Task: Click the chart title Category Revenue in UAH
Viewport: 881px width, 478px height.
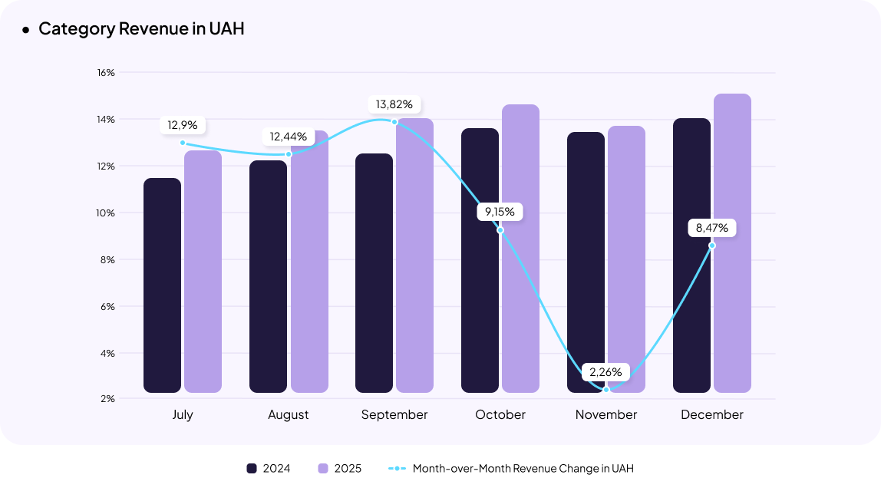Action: point(141,29)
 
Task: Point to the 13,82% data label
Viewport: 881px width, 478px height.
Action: point(394,104)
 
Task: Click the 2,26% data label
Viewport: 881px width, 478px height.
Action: point(606,372)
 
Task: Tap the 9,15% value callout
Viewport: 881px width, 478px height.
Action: point(500,211)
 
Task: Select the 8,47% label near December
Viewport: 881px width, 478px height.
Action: point(712,228)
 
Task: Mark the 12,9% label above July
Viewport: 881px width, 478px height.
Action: point(183,124)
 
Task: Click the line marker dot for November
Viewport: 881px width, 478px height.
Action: point(606,390)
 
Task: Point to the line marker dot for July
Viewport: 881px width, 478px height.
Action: point(183,143)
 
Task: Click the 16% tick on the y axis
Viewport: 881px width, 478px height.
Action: point(106,73)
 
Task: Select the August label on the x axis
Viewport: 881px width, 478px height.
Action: point(289,415)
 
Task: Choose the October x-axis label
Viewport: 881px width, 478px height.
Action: point(500,415)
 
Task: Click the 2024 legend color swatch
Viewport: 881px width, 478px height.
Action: point(251,468)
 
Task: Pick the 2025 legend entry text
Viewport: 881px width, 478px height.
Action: point(348,468)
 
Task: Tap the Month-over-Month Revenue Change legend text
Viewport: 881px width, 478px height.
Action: point(523,468)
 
